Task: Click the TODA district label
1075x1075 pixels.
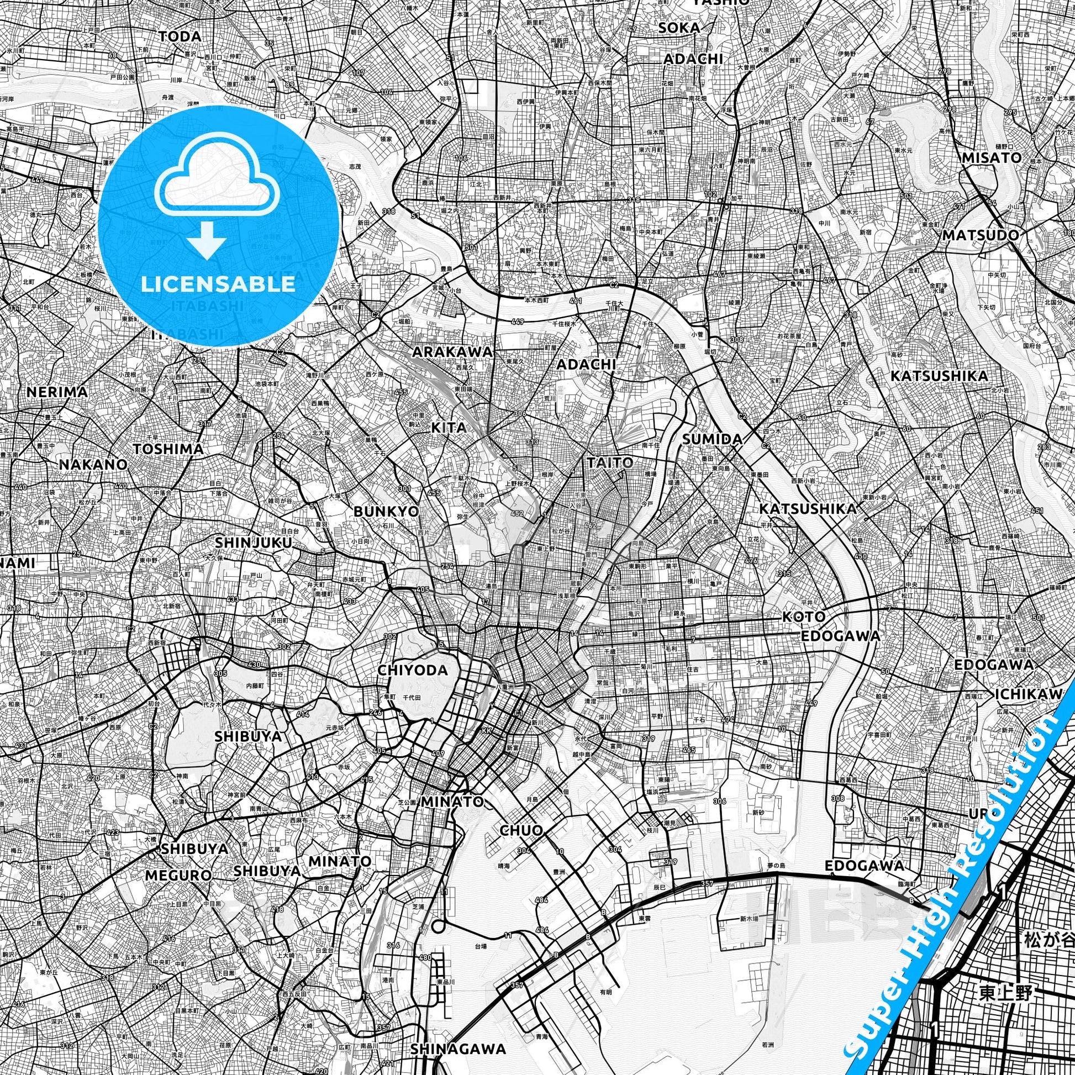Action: coord(180,36)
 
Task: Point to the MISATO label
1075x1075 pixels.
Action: coord(992,157)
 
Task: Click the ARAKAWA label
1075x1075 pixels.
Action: coord(452,352)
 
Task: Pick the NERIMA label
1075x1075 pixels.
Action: coord(57,392)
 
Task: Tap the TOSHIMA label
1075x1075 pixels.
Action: coord(168,449)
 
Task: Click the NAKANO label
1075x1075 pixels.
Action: coord(93,464)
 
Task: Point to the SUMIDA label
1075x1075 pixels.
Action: coord(712,439)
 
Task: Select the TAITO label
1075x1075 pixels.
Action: coord(610,462)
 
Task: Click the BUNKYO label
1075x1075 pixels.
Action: coord(386,511)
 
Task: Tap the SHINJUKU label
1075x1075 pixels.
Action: coord(252,542)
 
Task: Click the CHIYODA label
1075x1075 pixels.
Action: coord(412,670)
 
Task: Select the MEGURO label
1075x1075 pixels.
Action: coord(178,875)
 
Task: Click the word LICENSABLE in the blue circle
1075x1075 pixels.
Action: coord(218,284)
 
